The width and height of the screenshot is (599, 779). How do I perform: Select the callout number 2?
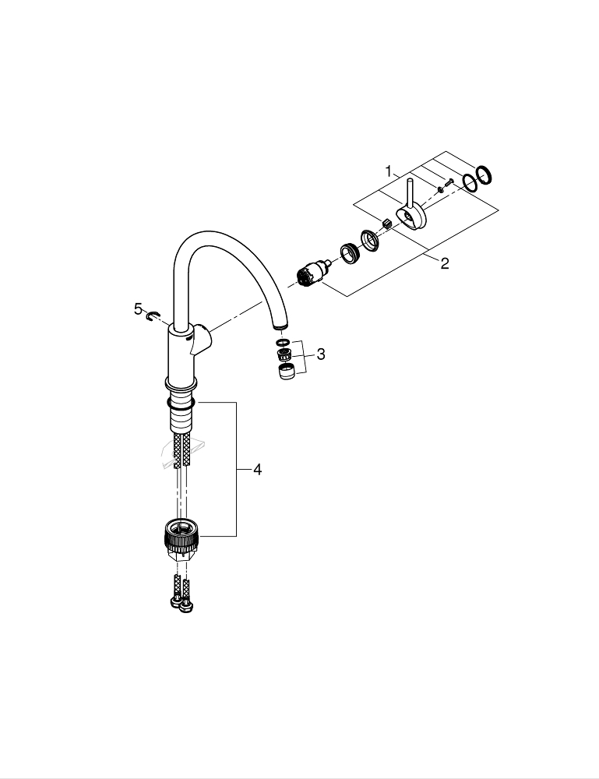[445, 263]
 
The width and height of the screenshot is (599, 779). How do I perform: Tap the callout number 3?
[321, 354]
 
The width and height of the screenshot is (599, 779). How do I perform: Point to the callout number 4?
[257, 470]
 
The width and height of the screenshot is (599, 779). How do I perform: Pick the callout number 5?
[138, 309]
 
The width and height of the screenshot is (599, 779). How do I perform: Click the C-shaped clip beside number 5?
[153, 315]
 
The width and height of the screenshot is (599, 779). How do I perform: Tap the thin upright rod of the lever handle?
[410, 193]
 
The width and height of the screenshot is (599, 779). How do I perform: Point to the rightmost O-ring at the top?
[484, 175]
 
